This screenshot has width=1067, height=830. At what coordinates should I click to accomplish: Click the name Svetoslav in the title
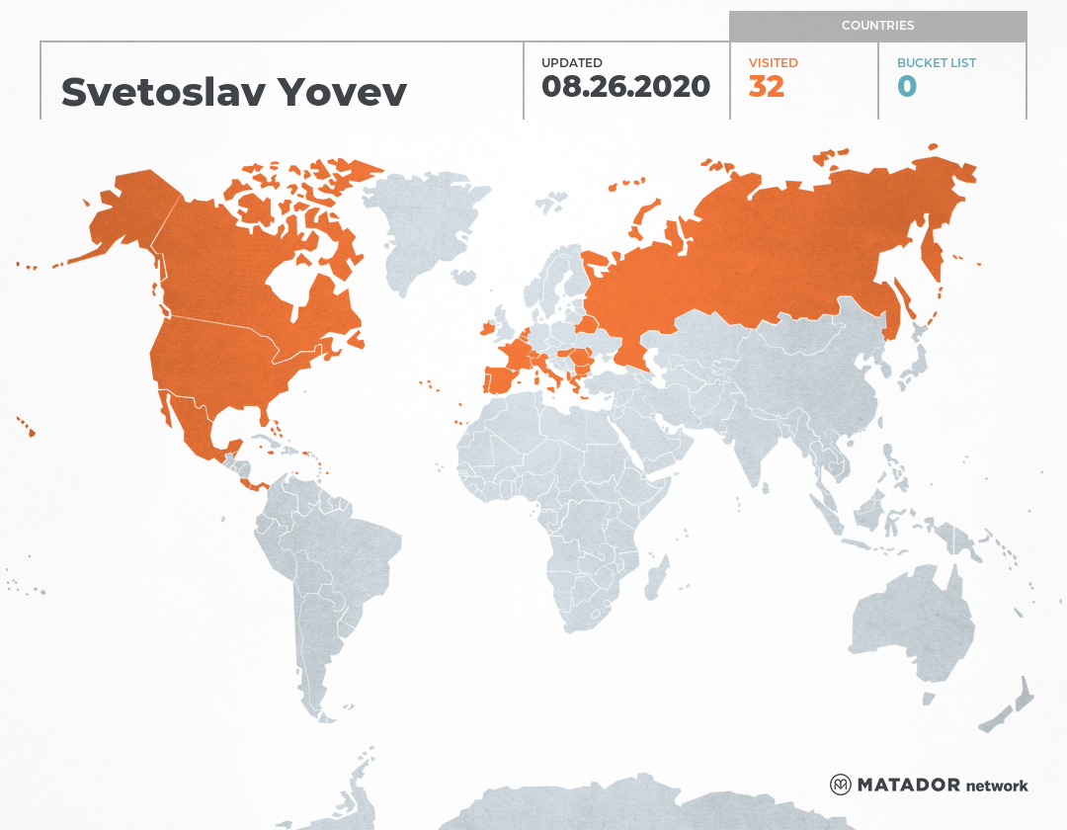pos(163,92)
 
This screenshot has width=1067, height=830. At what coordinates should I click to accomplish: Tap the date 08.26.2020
pos(625,87)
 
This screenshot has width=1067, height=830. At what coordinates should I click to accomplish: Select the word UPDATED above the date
pos(571,63)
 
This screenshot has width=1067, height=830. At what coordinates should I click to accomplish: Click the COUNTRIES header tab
pos(877,26)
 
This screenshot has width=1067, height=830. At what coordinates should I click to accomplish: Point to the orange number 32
pos(767,87)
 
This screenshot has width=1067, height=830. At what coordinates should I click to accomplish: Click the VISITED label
pos(773,63)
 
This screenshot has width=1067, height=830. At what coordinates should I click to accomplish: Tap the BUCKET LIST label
pos(936,63)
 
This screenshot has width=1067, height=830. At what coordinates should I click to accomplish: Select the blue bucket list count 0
pos(907,87)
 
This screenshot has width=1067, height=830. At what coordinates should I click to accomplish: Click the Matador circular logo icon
pos(841,785)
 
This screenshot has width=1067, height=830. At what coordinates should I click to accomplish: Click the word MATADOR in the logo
pos(909,786)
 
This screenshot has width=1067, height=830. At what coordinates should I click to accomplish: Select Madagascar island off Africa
pos(654,577)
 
